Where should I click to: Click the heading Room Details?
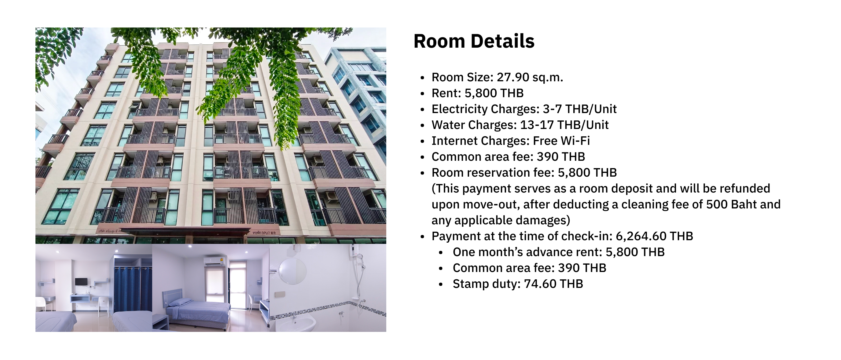coord(474,41)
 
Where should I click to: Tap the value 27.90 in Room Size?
coord(513,77)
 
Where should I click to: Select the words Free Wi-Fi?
coord(561,141)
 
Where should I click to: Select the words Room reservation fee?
coord(493,173)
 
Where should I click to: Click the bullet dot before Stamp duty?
coord(441,285)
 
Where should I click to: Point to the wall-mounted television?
coord(81,282)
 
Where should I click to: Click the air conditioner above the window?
coord(214,261)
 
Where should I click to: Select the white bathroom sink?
coord(296,323)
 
